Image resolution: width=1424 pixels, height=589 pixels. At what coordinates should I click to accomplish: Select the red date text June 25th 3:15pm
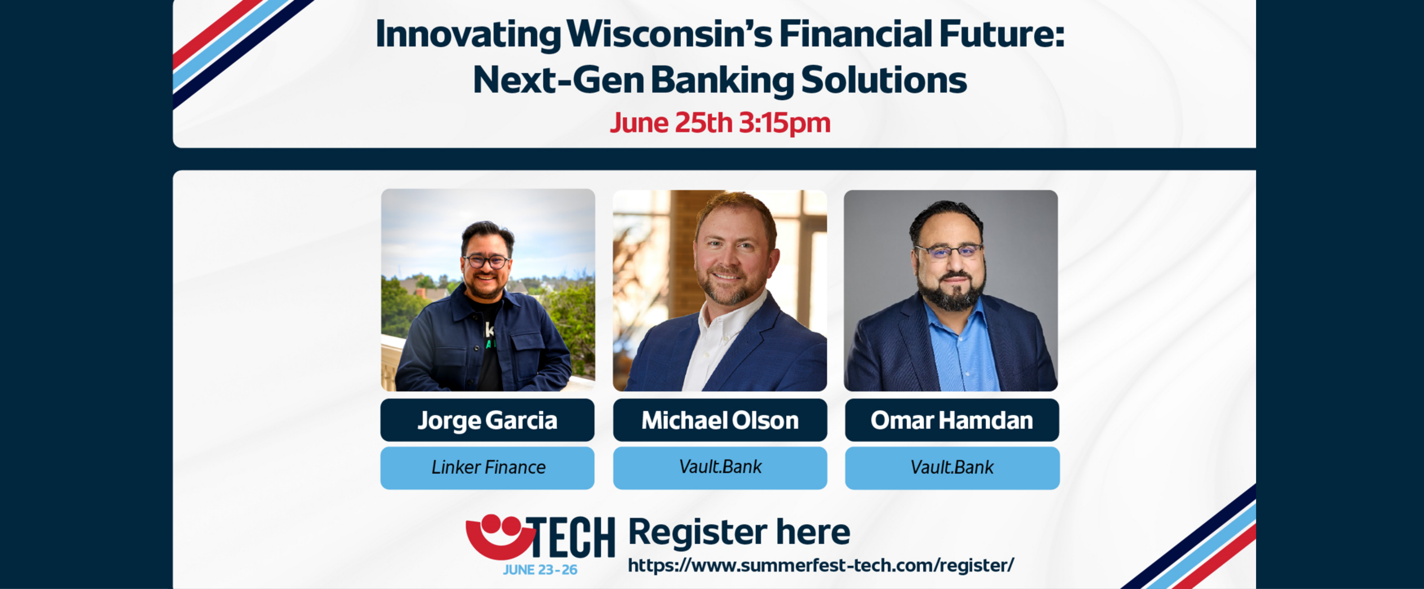tap(720, 123)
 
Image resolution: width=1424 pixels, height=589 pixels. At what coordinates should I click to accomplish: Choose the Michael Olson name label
tap(720, 420)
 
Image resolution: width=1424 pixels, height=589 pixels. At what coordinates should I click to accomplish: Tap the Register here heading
tap(739, 532)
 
